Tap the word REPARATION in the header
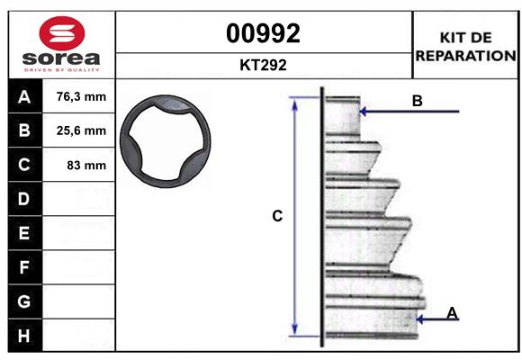pyautogui.click(x=464, y=56)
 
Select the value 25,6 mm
pyautogui.click(x=81, y=131)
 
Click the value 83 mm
pyautogui.click(x=86, y=166)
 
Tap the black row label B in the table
pyautogui.click(x=24, y=131)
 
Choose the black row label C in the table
pyautogui.click(x=24, y=166)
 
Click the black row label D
pyautogui.click(x=24, y=199)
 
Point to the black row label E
pyautogui.click(x=24, y=233)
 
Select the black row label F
pyautogui.click(x=24, y=267)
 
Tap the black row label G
pyautogui.click(x=24, y=301)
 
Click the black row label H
pyautogui.click(x=24, y=335)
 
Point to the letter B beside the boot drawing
pyautogui.click(x=417, y=101)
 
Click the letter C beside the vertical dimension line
pyautogui.click(x=277, y=216)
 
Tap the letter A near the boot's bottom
pyautogui.click(x=453, y=312)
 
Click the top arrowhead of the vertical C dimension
pyautogui.click(x=294, y=103)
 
